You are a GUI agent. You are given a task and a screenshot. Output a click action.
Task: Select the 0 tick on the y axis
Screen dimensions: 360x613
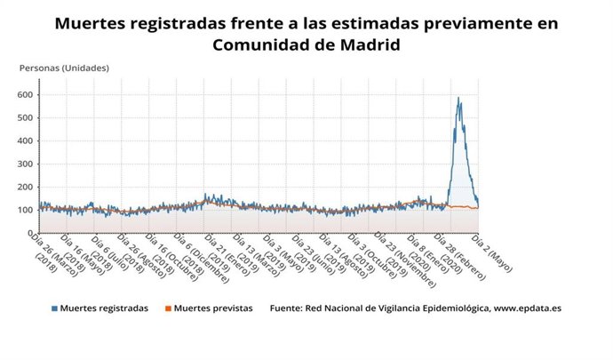[x=29, y=233]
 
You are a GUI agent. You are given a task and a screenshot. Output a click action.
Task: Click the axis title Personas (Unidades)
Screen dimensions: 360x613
[x=64, y=68]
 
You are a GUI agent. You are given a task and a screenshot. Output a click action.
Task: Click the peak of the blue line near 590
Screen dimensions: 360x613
[x=458, y=98]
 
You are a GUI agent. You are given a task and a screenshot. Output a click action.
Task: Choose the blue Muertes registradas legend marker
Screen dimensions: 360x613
[x=55, y=308]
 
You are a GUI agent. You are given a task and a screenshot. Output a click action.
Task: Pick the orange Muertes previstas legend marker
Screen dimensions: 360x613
[x=169, y=308]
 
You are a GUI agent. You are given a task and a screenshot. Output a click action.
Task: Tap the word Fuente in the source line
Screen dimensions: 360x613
[x=284, y=308]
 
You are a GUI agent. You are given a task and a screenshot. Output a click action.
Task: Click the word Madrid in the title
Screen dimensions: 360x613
[x=365, y=44]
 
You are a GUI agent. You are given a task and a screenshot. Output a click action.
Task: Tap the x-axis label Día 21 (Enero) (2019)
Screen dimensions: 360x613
[x=222, y=258]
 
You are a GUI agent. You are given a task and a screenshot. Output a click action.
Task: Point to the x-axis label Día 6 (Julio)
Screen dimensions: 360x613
[x=107, y=252]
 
